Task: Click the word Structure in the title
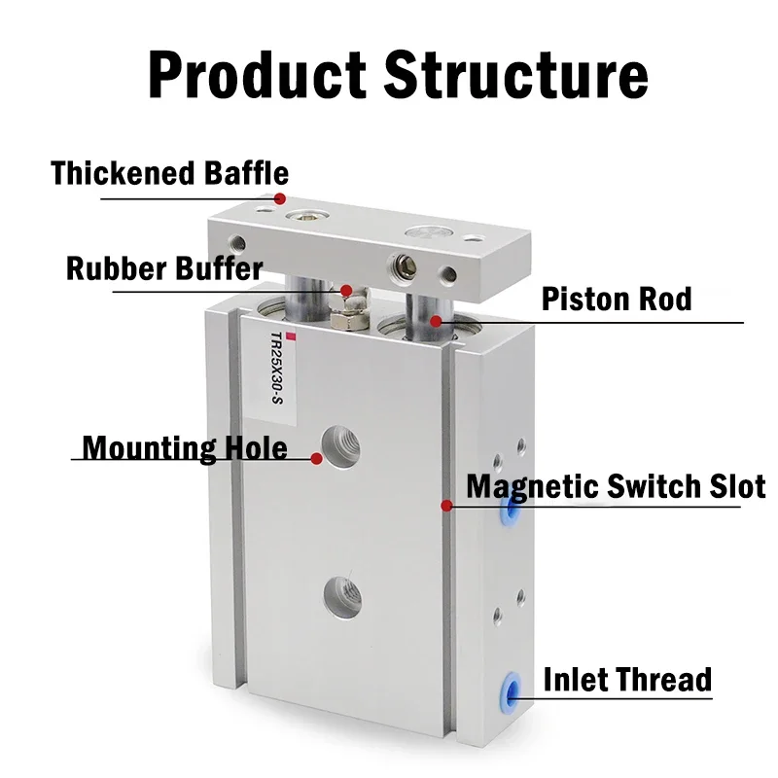516,74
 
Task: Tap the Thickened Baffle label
169,173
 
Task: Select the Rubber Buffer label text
164,267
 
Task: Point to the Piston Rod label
617,298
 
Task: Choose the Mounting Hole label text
185,448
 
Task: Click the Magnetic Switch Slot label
616,485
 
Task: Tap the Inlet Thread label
627,679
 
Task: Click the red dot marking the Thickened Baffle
280,198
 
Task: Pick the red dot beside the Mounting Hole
316,457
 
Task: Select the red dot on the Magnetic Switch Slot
446,505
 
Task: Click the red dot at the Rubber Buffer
345,289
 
